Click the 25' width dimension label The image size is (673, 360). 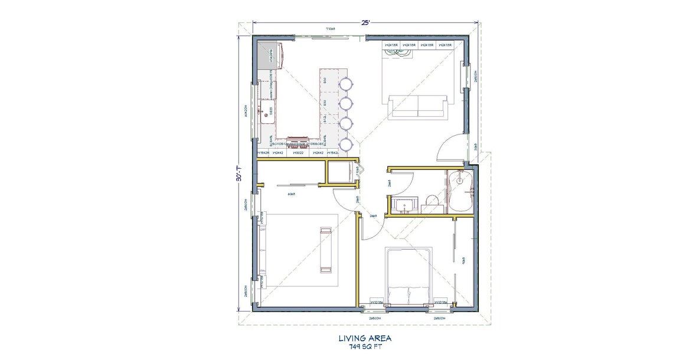coord(365,22)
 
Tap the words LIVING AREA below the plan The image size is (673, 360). coord(365,338)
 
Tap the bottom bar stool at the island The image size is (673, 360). coord(345,143)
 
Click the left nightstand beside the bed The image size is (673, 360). coord(377,302)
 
